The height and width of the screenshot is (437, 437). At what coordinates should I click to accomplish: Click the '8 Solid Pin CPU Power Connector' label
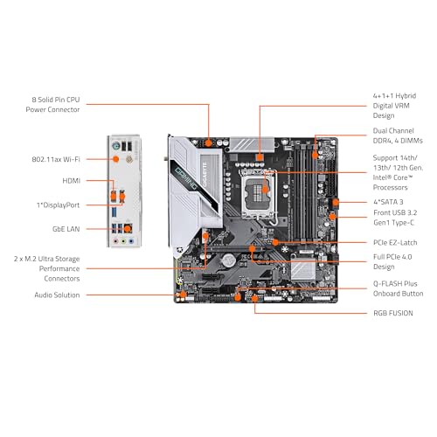[x=52, y=105]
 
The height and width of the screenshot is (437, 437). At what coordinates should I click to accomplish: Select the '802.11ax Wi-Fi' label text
[x=56, y=159]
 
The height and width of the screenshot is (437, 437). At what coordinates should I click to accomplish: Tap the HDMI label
[x=72, y=181]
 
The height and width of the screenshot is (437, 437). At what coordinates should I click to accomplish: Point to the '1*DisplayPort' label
[x=58, y=205]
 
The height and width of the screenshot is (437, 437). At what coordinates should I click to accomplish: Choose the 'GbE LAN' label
[x=66, y=229]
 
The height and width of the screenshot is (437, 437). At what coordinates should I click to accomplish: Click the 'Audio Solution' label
[x=57, y=295]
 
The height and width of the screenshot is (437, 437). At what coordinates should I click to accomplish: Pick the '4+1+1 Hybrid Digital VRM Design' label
[x=394, y=106]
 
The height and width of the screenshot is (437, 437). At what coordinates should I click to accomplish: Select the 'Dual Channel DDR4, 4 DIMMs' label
[x=398, y=135]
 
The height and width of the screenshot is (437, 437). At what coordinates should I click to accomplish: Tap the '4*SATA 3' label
[x=388, y=202]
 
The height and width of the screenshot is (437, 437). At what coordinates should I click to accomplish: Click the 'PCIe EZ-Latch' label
[x=395, y=242]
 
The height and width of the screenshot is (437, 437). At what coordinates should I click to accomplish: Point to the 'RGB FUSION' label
[x=393, y=313]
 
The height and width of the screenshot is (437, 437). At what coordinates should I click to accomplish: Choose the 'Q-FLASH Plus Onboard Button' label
[x=399, y=288]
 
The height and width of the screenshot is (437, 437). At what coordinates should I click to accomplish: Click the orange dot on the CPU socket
[x=265, y=190]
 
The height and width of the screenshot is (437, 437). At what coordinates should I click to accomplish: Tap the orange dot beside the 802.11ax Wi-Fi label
[x=115, y=159]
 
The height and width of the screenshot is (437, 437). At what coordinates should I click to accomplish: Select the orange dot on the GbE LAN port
[x=128, y=229]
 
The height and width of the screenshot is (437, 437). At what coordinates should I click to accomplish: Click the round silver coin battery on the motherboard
[x=229, y=260]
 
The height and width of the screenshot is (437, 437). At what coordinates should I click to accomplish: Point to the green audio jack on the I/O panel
[x=123, y=241]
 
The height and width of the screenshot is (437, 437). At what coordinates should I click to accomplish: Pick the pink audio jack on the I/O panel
[x=115, y=241]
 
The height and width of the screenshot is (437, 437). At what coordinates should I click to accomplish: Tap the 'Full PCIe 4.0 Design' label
[x=392, y=261]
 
